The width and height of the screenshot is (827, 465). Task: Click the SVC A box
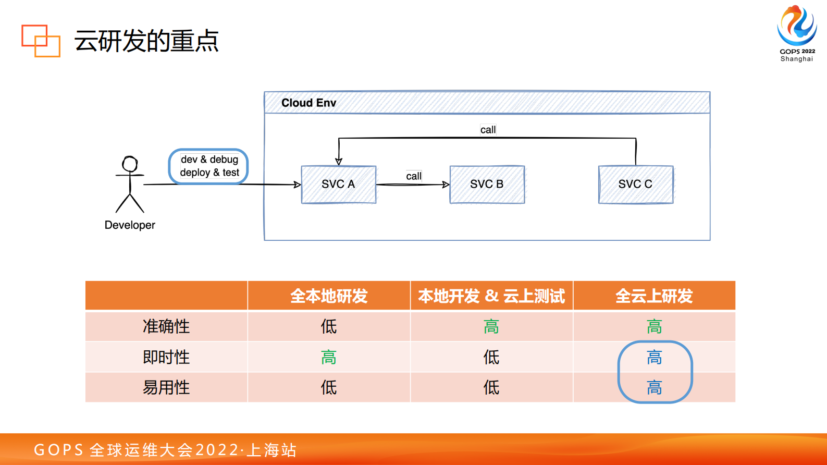click(x=338, y=184)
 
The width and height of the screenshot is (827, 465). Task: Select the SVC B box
click(x=487, y=184)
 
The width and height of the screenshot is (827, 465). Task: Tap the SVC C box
click(x=635, y=184)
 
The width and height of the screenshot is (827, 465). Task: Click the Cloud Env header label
click(x=308, y=103)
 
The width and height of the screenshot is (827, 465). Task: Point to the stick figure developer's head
click(x=130, y=164)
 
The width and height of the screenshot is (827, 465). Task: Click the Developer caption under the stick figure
click(x=130, y=225)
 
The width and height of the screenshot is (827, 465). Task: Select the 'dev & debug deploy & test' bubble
click(x=209, y=166)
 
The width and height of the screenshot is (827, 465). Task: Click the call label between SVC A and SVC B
click(x=414, y=176)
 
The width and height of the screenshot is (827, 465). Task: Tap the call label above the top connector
click(x=488, y=130)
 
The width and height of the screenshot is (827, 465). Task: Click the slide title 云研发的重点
click(x=146, y=41)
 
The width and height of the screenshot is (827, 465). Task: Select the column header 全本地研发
click(x=329, y=296)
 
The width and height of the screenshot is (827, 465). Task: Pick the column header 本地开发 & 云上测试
click(x=491, y=296)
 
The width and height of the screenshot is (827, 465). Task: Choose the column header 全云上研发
click(x=654, y=296)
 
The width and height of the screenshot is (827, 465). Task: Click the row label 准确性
click(x=166, y=326)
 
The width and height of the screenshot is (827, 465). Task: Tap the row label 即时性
click(x=166, y=357)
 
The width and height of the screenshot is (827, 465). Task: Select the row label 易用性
click(x=166, y=387)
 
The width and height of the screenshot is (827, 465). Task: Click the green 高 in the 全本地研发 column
click(x=329, y=357)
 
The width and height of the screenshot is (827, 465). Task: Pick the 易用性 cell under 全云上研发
click(x=654, y=387)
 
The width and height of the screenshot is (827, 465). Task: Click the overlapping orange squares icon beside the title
click(x=41, y=41)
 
